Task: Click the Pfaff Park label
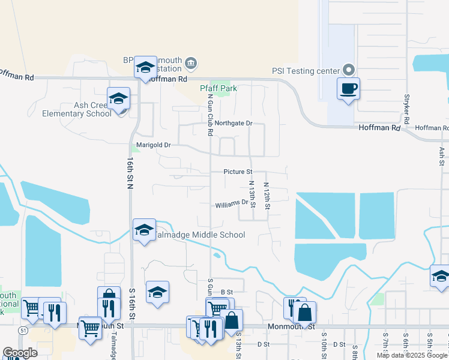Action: tap(218, 88)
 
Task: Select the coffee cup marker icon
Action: tap(348, 89)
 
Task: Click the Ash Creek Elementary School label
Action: tap(76, 109)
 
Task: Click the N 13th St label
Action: tap(253, 195)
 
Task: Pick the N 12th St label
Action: tap(268, 196)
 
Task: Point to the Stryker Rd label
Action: tap(406, 109)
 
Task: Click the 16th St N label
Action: tap(129, 174)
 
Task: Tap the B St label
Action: tap(226, 292)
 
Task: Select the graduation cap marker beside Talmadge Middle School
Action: tap(144, 229)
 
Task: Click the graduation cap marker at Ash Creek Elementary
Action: tap(119, 98)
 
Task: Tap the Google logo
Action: tap(20, 353)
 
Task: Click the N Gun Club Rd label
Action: tap(211, 115)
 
